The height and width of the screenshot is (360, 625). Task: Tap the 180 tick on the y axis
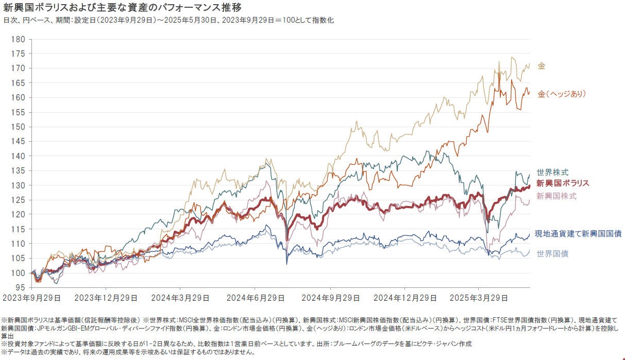click(x=19, y=39)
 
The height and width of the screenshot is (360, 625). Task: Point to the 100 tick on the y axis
click(x=19, y=273)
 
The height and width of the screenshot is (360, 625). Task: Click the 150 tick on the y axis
click(x=19, y=127)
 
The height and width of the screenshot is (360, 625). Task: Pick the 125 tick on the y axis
click(x=19, y=200)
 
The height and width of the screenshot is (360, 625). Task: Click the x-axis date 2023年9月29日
click(x=32, y=298)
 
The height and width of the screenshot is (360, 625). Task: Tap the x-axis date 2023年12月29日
click(x=106, y=298)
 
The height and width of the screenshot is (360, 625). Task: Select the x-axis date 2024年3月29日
click(x=180, y=298)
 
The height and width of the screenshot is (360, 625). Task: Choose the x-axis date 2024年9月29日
click(x=330, y=298)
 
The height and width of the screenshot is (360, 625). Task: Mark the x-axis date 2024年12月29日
click(x=404, y=298)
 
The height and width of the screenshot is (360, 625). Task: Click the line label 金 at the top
click(x=542, y=66)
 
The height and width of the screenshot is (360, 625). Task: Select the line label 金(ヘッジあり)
click(x=562, y=94)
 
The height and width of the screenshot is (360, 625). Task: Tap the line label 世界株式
click(x=552, y=172)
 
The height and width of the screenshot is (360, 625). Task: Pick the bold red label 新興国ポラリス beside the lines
click(x=563, y=183)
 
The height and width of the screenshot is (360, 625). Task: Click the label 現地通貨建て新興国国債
click(x=578, y=233)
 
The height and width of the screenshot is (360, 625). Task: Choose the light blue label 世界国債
click(x=552, y=253)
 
